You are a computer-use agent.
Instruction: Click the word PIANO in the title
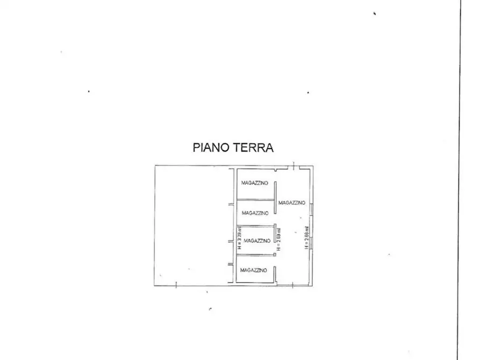[x=211, y=148]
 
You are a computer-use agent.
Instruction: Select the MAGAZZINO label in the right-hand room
[x=292, y=203]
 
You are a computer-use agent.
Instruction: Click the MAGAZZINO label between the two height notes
[x=257, y=241]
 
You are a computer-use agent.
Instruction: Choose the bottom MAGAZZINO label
[x=254, y=270]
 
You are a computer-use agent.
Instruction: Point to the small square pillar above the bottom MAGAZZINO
[x=274, y=255]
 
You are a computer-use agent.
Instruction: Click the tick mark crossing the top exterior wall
[x=293, y=165]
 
